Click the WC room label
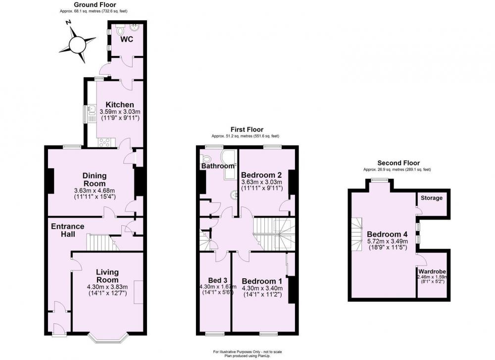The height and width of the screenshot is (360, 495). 127,40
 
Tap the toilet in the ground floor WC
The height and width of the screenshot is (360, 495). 120,30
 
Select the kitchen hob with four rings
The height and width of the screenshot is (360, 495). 104,143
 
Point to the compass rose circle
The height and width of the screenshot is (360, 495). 77,45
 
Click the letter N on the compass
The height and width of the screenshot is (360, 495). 68,22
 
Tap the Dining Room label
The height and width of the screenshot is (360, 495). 95,179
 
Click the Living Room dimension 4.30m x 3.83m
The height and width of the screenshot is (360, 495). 107,287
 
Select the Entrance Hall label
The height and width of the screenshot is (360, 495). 67,230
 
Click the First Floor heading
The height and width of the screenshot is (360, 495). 247,129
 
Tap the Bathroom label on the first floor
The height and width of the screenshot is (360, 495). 218,166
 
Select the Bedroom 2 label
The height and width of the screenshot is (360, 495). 261,175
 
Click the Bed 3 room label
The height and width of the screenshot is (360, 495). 217,280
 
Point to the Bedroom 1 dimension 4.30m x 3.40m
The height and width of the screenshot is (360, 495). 262,288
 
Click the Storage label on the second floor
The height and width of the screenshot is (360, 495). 432,198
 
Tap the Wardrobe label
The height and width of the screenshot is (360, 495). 432,271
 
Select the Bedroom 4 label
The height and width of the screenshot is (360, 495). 387,234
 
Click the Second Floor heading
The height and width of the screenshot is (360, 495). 398,163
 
